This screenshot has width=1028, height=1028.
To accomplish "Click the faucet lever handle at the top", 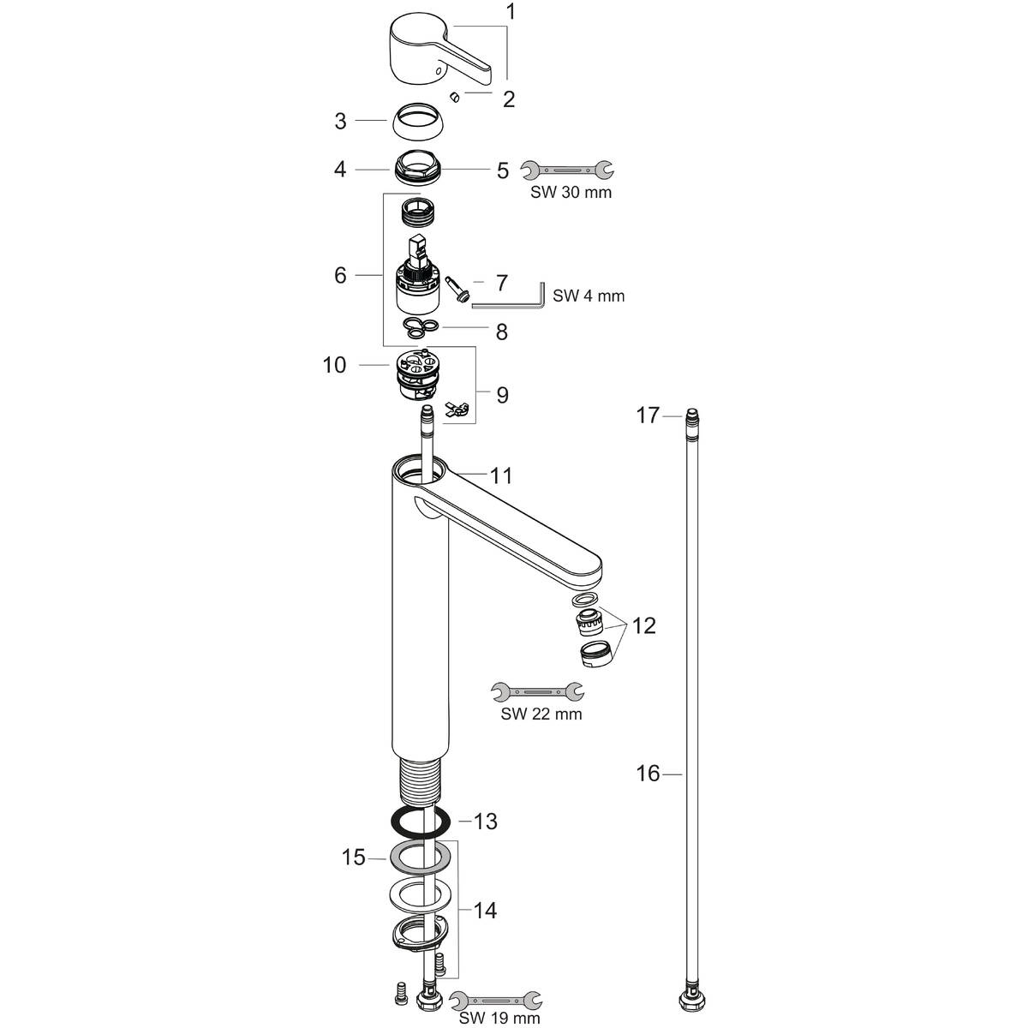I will [x=433, y=51].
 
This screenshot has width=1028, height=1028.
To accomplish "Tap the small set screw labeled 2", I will [x=457, y=97].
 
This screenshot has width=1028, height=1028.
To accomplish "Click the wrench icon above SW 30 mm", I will [x=567, y=170].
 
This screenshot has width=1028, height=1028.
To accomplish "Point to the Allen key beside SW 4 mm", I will [x=510, y=298].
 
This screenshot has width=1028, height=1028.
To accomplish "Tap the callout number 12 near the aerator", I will [x=643, y=625].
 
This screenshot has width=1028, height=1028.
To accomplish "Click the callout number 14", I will [x=484, y=910].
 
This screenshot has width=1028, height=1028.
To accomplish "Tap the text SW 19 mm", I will [x=499, y=1018].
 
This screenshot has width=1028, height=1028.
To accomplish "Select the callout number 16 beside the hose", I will [x=648, y=774].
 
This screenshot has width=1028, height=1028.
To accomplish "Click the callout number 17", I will [x=648, y=415].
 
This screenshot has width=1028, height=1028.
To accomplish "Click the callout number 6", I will [x=341, y=275].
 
